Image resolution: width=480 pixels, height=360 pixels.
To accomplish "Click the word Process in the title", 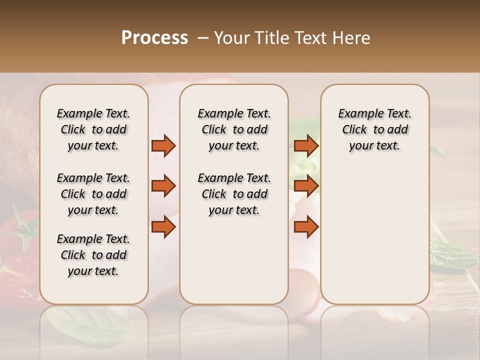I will point(154,38).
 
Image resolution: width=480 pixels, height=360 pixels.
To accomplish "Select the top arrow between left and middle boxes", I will point(163,145).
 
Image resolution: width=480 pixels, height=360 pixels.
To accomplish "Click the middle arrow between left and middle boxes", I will point(163,186).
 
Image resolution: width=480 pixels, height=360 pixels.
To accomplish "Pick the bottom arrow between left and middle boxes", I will point(163,227).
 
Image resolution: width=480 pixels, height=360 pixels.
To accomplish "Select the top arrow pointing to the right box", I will point(306,145).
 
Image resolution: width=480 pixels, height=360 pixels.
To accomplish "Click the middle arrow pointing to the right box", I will point(306,186).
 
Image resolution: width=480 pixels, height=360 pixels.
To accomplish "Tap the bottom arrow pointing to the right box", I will point(306,227).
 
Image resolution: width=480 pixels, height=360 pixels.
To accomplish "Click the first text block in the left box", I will point(93,129).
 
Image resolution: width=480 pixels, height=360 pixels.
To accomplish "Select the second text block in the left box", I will point(93,194).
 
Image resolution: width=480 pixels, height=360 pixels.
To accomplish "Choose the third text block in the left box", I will point(93,255).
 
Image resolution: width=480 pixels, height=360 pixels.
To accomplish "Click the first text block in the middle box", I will point(234,129).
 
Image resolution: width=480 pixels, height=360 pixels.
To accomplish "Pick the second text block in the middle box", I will point(234,194).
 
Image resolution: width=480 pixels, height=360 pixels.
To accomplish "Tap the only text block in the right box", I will point(374,129).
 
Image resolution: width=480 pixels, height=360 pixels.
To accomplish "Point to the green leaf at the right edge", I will point(452,252).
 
